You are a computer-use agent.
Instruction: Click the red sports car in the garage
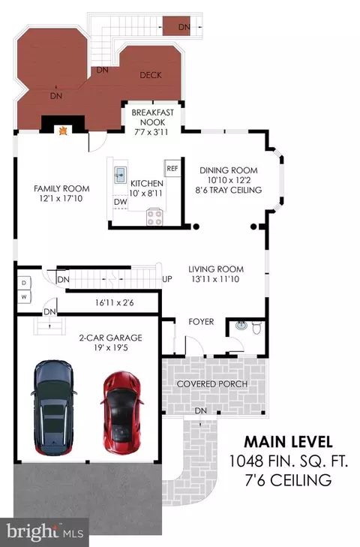click(121, 413)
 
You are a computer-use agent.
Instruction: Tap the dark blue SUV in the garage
click(54, 407)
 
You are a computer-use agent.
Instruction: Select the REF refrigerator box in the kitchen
click(172, 169)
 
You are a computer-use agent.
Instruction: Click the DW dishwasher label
click(120, 202)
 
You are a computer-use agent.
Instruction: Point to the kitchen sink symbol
click(120, 173)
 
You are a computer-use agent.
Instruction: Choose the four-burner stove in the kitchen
click(154, 217)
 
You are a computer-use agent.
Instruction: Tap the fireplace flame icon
click(63, 131)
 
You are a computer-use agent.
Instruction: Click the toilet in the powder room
click(256, 328)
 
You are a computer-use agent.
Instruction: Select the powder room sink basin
click(241, 326)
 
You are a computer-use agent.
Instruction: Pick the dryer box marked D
click(24, 283)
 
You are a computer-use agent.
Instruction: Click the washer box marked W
click(24, 297)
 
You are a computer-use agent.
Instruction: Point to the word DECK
click(151, 75)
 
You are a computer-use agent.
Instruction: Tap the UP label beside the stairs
click(167, 279)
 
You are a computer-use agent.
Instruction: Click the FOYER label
click(201, 322)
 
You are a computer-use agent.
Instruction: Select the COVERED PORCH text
click(212, 383)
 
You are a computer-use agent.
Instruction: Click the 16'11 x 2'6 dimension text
click(115, 302)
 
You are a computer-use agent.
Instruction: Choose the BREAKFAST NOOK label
click(152, 118)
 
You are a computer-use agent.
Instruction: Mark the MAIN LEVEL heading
click(288, 442)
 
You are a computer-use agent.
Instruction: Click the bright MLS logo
click(45, 532)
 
